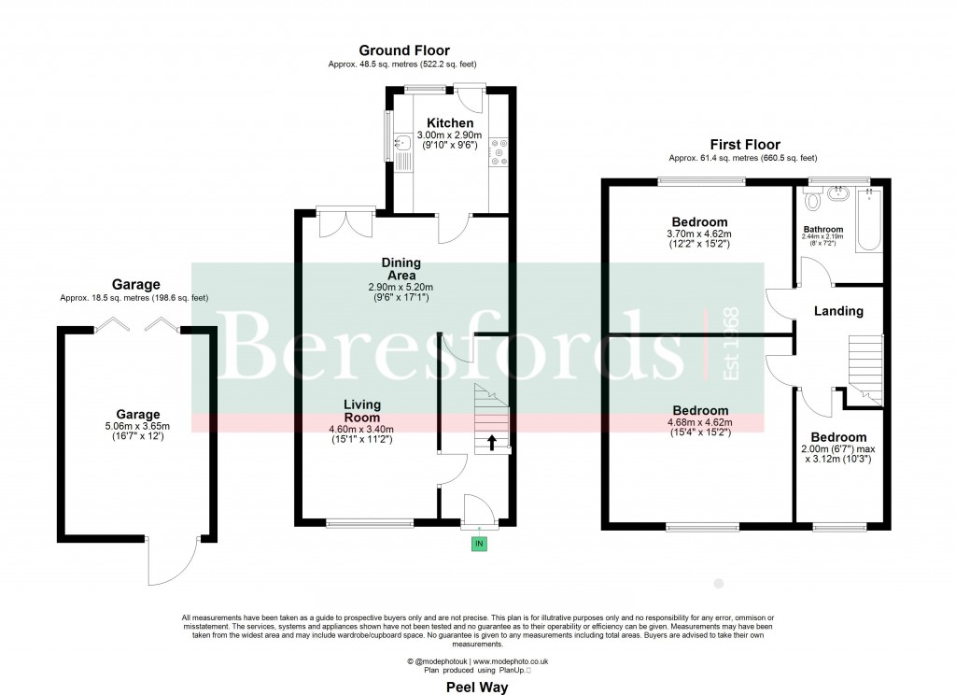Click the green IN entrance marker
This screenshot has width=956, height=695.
[x=479, y=543]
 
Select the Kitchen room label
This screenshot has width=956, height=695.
[x=450, y=123]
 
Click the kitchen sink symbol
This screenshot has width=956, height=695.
[x=401, y=145]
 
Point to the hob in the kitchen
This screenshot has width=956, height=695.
[x=498, y=152]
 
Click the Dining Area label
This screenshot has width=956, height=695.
[x=401, y=269]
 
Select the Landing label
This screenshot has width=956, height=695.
[x=837, y=311]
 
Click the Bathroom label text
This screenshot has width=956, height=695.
[x=822, y=229]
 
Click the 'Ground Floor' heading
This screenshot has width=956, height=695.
[x=404, y=50]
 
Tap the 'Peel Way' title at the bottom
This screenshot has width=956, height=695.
[x=476, y=688]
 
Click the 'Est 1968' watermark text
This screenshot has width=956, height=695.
[x=731, y=344]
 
